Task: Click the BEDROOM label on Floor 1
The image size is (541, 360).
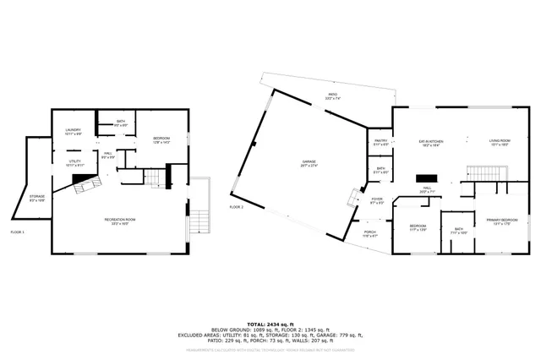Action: pos(162,140)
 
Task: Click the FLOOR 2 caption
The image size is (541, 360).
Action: pos(236,206)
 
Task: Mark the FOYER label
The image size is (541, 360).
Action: pos(377,201)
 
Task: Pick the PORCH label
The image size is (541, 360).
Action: pos(369,233)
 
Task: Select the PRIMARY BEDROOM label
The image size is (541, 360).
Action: pos(501,221)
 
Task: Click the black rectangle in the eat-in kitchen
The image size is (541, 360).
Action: pos(423,180)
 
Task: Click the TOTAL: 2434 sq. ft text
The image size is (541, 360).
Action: pos(270,325)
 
